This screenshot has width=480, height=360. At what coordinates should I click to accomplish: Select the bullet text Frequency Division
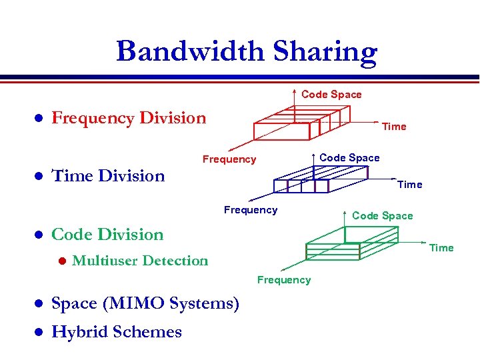point(129,119)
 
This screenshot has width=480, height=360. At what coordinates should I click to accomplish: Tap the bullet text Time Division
point(108,176)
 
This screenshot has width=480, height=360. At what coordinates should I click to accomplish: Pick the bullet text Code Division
point(107,235)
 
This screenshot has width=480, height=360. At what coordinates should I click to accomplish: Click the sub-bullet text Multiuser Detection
point(140,261)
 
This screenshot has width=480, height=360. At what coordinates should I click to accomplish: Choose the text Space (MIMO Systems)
point(145,304)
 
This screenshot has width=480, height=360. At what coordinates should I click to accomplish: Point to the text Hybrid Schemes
point(117,332)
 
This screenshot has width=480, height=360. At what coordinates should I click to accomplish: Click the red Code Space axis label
point(331,95)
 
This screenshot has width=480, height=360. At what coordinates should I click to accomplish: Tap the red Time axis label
point(394,127)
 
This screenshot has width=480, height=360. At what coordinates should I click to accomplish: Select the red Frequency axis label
point(229,159)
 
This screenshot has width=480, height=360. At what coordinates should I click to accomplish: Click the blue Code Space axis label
point(349,158)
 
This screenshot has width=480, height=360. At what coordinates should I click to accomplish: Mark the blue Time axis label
point(409,185)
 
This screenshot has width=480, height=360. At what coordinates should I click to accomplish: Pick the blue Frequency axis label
point(251,210)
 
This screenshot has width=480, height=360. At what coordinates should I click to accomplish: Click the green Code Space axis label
point(382,215)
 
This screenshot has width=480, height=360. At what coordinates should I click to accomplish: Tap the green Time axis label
point(441,248)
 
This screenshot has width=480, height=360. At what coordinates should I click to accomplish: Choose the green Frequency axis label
point(284,280)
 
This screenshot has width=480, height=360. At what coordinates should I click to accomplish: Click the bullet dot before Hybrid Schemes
point(39,332)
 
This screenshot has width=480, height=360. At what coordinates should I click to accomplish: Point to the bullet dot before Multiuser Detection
point(61,261)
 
